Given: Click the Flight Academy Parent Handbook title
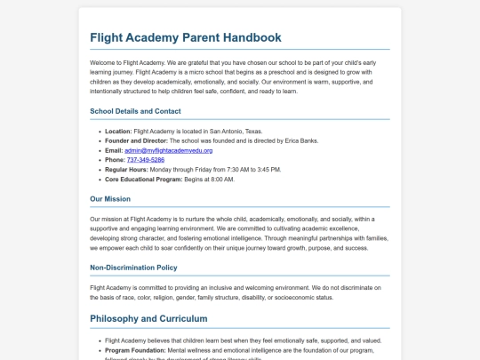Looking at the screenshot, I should pyautogui.click(x=186, y=37).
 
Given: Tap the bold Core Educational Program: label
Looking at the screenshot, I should pyautogui.click(x=143, y=180).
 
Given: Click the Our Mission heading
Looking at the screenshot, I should pyautogui.click(x=110, y=199).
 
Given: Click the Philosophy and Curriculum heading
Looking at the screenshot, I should pyautogui.click(x=148, y=318).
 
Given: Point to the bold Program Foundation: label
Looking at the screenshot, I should pyautogui.click(x=135, y=350).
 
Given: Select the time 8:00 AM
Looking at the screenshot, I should pyautogui.click(x=220, y=180).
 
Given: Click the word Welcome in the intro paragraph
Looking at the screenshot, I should pyautogui.click(x=104, y=63).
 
